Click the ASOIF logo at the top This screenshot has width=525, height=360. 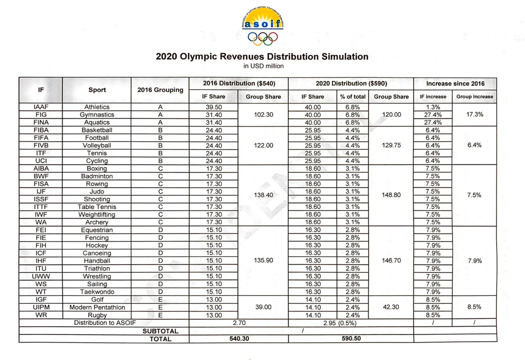click(x=262, y=27)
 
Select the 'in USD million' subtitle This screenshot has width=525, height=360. click(x=263, y=66)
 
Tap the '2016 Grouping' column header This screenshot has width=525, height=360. click(x=160, y=90)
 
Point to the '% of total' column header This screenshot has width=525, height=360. click(x=353, y=97)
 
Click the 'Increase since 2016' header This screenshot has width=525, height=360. click(x=455, y=84)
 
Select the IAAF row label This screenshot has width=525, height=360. click(x=41, y=107)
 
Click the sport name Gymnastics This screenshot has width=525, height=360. click(x=97, y=115)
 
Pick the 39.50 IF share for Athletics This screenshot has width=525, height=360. click(x=213, y=107)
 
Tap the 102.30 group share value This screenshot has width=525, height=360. click(x=263, y=115)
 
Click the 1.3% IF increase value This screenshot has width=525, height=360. click(x=433, y=107)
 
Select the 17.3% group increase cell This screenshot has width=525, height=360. click(x=474, y=115)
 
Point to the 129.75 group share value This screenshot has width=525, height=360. click(x=391, y=145)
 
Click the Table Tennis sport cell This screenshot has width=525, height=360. click(x=97, y=207)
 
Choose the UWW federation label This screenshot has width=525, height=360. click(x=41, y=276)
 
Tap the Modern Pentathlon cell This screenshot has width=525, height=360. click(x=97, y=307)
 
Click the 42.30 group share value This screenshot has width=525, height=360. click(x=391, y=307)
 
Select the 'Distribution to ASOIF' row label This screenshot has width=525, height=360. click(x=105, y=323)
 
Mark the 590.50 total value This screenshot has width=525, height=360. click(x=351, y=338)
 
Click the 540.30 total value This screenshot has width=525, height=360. click(x=239, y=338)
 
